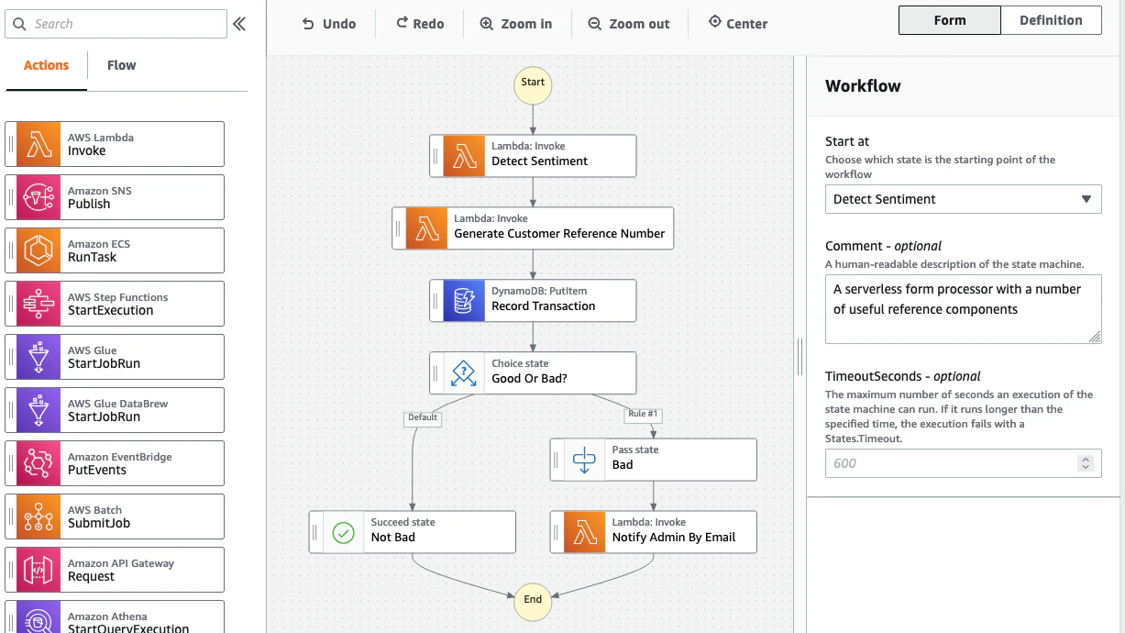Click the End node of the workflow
tap(533, 600)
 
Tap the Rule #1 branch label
tap(643, 415)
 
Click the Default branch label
tap(423, 417)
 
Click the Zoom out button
tap(629, 24)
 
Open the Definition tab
tap(1051, 20)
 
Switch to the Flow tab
tap(121, 65)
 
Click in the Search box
tap(116, 24)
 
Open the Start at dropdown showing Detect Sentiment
tap(963, 199)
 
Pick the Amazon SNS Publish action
tap(115, 197)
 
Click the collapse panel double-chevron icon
tap(239, 24)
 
